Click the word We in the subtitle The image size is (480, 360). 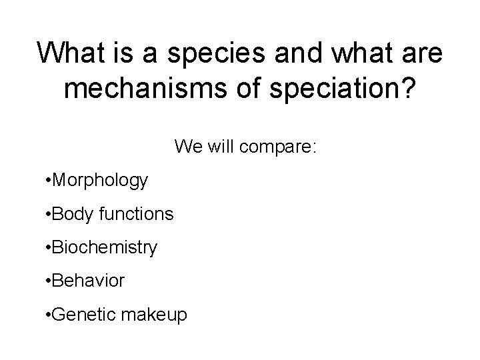187,146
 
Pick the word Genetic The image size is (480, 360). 76,315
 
